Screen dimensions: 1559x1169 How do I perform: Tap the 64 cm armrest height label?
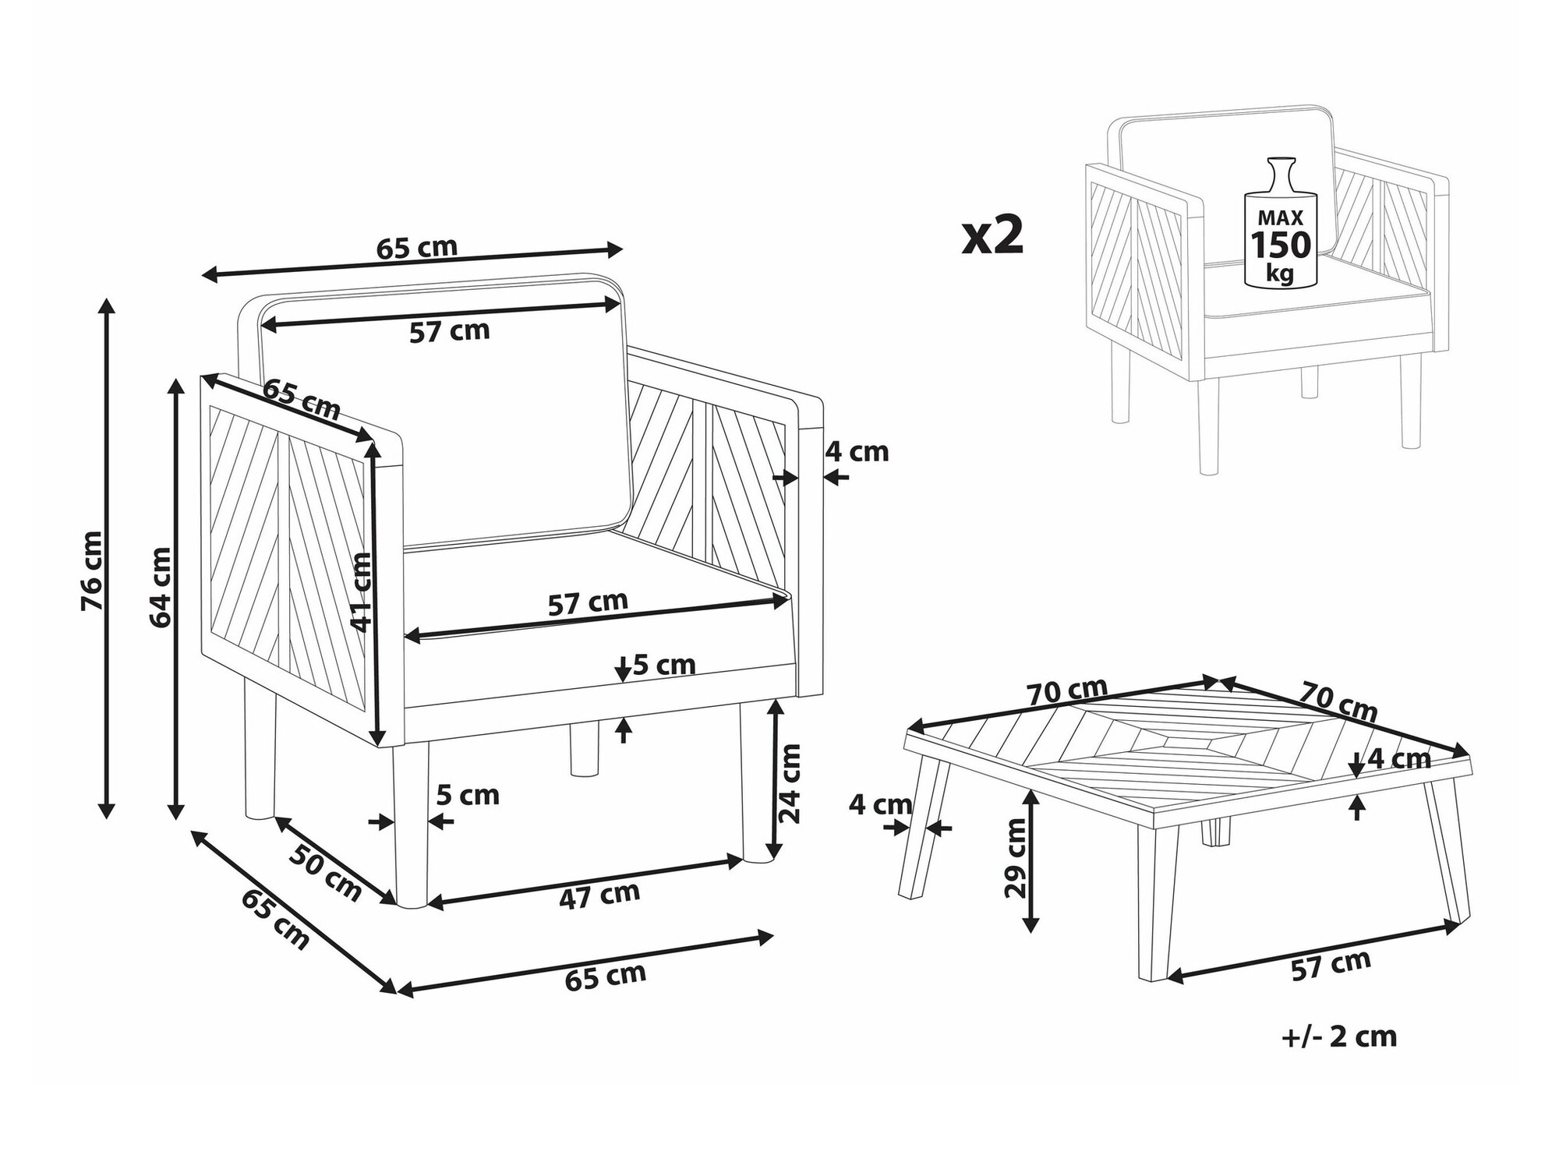(161, 587)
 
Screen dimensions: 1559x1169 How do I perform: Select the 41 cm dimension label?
(361, 592)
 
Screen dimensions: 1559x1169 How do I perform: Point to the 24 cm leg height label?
(790, 783)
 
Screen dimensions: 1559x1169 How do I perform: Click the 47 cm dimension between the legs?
(599, 895)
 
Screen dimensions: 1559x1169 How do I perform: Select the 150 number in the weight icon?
(1281, 245)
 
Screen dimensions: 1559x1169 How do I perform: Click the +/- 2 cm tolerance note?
(1339, 1037)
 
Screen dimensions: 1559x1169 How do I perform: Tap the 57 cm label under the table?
(1331, 965)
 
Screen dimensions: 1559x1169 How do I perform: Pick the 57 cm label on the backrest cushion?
(450, 331)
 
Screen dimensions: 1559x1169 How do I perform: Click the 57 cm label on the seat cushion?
(588, 602)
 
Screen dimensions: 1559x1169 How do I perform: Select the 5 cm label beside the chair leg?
(468, 796)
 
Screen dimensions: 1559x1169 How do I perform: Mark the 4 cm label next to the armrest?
(857, 451)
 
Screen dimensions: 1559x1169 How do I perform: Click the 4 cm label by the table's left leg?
(881, 804)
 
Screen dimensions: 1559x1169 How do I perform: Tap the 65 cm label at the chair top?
(417, 247)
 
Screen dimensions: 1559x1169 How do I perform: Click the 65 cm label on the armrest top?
(302, 400)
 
